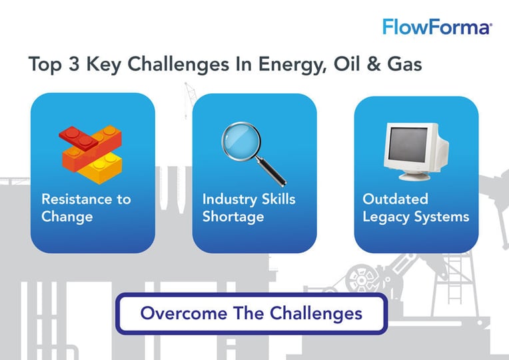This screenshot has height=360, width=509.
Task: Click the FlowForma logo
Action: coord(437,27)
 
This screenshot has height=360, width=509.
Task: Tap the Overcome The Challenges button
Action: coord(251,313)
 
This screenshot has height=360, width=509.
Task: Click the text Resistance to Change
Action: coord(86,207)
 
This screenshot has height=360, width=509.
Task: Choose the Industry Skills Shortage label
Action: coord(249,207)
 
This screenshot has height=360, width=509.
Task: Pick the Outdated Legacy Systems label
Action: coord(415,207)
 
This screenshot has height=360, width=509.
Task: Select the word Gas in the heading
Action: coord(406,66)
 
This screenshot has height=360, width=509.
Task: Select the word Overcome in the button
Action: coord(172,313)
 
